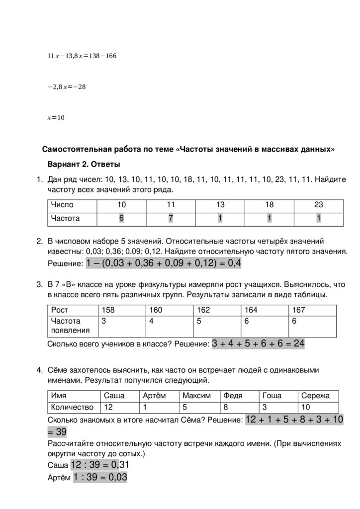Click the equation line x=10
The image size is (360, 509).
pos(56,118)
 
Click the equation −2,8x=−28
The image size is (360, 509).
pos(67,87)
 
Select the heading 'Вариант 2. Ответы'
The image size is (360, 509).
pos(84,164)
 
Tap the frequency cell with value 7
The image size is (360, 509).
pos(171,218)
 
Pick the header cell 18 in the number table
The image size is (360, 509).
pos(269,205)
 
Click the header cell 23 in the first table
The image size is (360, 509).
pos(318,205)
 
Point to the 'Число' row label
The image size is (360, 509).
pos(62,205)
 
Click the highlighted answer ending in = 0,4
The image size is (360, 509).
pos(164,263)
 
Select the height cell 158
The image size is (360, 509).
pos(108,310)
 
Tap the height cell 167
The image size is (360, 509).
pos(299,310)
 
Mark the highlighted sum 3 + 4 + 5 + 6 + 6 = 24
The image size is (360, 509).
pos(258,343)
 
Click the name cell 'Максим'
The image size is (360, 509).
pos(196,396)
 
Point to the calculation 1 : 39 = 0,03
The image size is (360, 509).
pos(100,478)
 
